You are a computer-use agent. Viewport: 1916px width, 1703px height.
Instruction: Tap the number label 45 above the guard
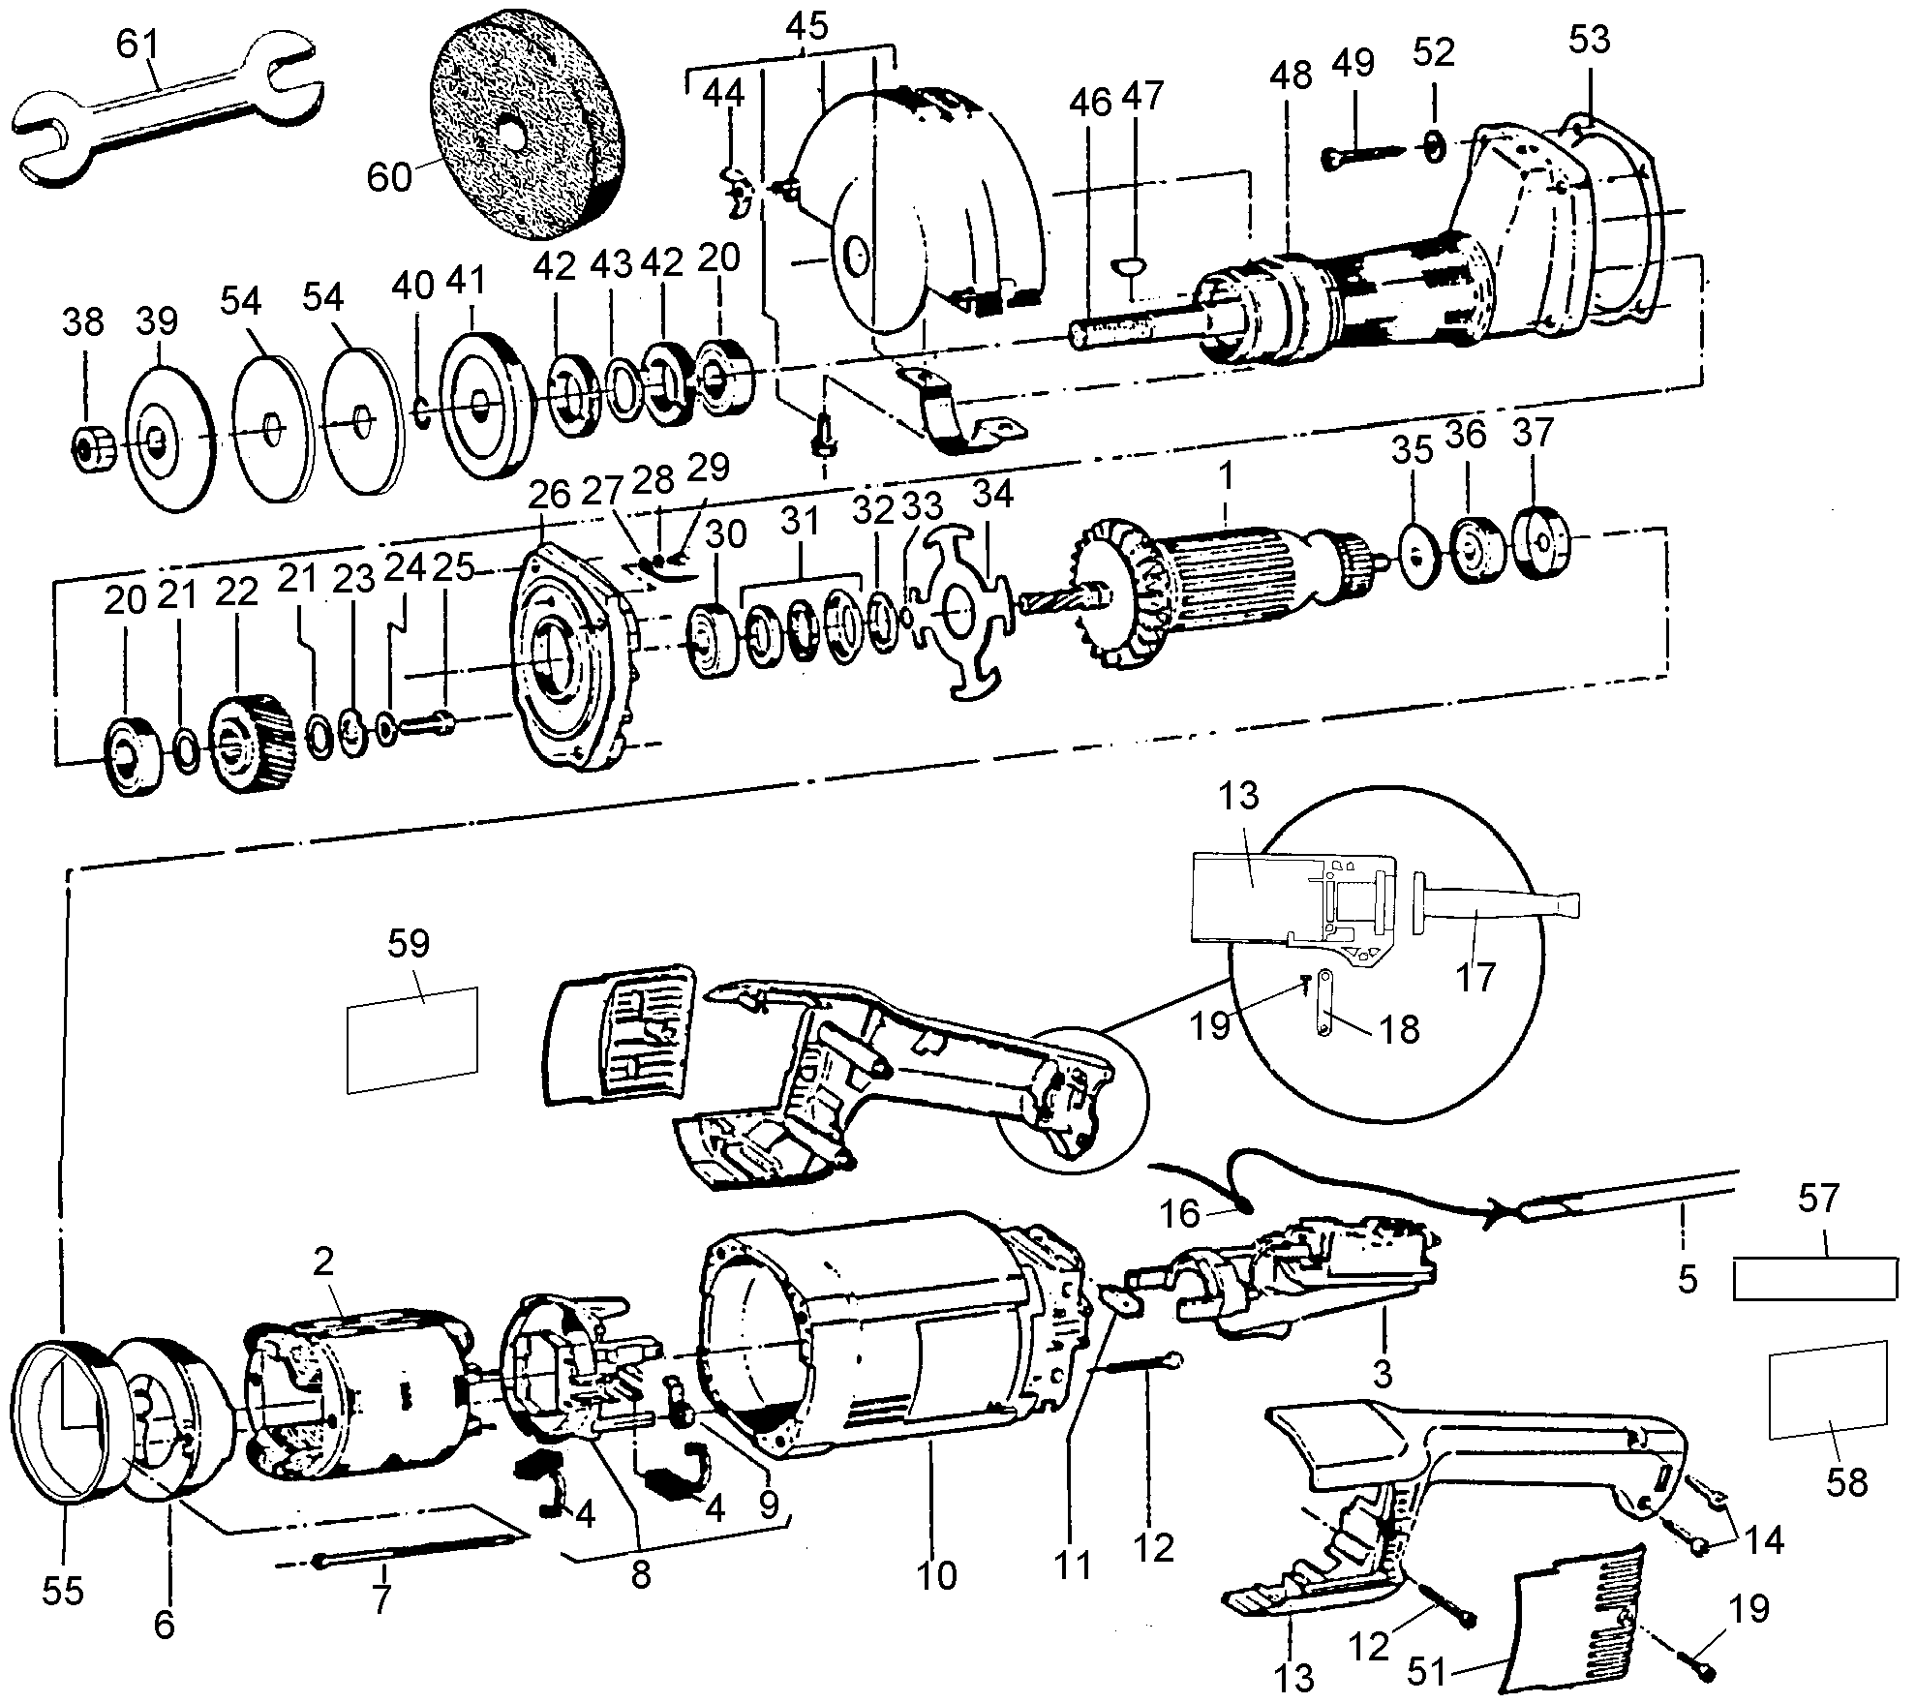[806, 26]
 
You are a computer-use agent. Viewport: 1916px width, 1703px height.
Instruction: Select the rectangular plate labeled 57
[1813, 1278]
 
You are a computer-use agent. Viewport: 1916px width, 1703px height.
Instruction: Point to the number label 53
[1590, 41]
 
